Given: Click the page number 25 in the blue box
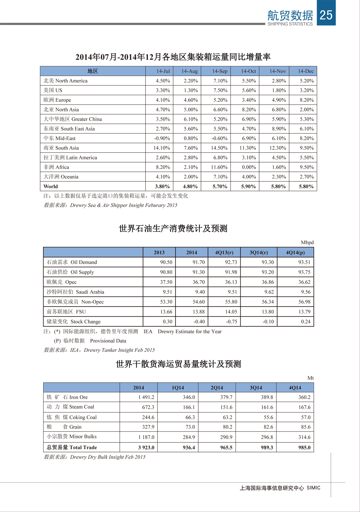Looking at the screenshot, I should (326, 15).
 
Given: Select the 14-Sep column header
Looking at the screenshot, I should (220, 71).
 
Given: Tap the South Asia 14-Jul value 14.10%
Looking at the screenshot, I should (162, 148).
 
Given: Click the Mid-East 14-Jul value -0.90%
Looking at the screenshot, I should (162, 138).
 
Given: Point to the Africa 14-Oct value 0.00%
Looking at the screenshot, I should (249, 167).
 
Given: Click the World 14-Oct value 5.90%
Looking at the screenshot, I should (248, 186).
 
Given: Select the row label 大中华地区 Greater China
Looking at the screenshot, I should (73, 119).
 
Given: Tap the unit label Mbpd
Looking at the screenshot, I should (307, 242).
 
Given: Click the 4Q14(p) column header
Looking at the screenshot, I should (295, 252).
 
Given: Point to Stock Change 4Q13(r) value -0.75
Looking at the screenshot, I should (231, 322).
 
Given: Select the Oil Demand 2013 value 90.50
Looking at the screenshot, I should (166, 262).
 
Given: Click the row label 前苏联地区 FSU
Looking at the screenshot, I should (66, 312).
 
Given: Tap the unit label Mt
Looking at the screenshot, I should (310, 378).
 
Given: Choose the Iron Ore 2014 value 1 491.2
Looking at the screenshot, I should (146, 397).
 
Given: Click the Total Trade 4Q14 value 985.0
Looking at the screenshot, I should (304, 448).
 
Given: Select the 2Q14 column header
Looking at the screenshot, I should (217, 388).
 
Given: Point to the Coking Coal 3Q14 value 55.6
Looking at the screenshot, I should (268, 417).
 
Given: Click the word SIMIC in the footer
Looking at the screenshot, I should (313, 488).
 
